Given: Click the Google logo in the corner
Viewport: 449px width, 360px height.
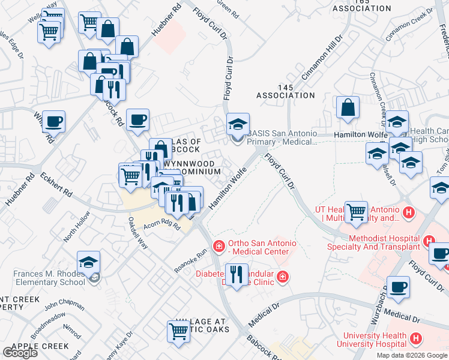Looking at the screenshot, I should click(x=20, y=352).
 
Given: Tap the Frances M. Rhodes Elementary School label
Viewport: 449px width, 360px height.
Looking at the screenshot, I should click(x=49, y=278).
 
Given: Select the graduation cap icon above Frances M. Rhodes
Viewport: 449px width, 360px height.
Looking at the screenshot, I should click(x=88, y=262).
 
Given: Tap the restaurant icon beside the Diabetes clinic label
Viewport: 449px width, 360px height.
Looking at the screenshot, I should click(x=236, y=275).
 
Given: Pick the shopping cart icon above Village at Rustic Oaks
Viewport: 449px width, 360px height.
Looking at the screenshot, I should click(x=179, y=331).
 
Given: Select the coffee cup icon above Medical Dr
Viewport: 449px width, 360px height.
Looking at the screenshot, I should click(x=398, y=287).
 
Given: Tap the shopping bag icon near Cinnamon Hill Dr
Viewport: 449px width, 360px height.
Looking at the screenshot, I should click(x=348, y=108).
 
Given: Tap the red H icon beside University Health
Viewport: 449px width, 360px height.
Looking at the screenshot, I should click(x=415, y=340).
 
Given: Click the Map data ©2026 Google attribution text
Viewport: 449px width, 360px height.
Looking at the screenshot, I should click(x=411, y=355).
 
